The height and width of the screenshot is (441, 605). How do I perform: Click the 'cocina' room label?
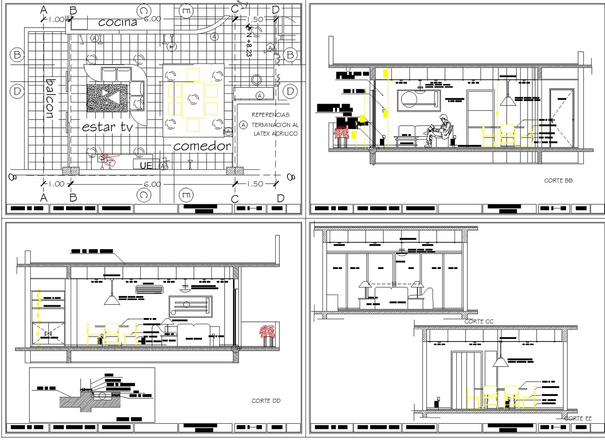click(118, 22)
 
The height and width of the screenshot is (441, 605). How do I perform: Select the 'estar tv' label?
click(108, 127)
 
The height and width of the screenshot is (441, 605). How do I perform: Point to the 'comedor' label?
click(202, 146)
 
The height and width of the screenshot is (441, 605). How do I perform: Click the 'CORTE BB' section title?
click(558, 181)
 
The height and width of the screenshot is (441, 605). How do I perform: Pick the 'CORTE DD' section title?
click(266, 401)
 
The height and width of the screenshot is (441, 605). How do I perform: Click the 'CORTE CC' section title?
click(479, 321)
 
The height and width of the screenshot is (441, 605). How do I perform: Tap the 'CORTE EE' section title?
click(578, 418)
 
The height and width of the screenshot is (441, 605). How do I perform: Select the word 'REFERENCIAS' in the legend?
click(270, 115)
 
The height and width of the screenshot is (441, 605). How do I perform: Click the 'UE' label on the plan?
click(146, 165)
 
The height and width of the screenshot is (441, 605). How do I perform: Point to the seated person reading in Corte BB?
click(439, 130)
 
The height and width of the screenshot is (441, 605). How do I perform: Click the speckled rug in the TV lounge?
click(107, 98)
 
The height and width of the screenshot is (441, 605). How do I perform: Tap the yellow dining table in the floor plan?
click(193, 100)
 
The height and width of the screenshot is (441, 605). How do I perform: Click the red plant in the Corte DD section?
click(267, 332)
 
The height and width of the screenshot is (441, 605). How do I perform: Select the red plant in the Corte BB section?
click(341, 133)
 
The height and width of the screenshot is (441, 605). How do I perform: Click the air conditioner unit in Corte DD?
click(149, 290)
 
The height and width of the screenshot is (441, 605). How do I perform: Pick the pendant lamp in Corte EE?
click(501, 362)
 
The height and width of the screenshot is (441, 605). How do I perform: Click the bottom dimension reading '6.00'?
click(152, 184)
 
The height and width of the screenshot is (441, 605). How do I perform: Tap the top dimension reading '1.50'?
click(255, 19)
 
